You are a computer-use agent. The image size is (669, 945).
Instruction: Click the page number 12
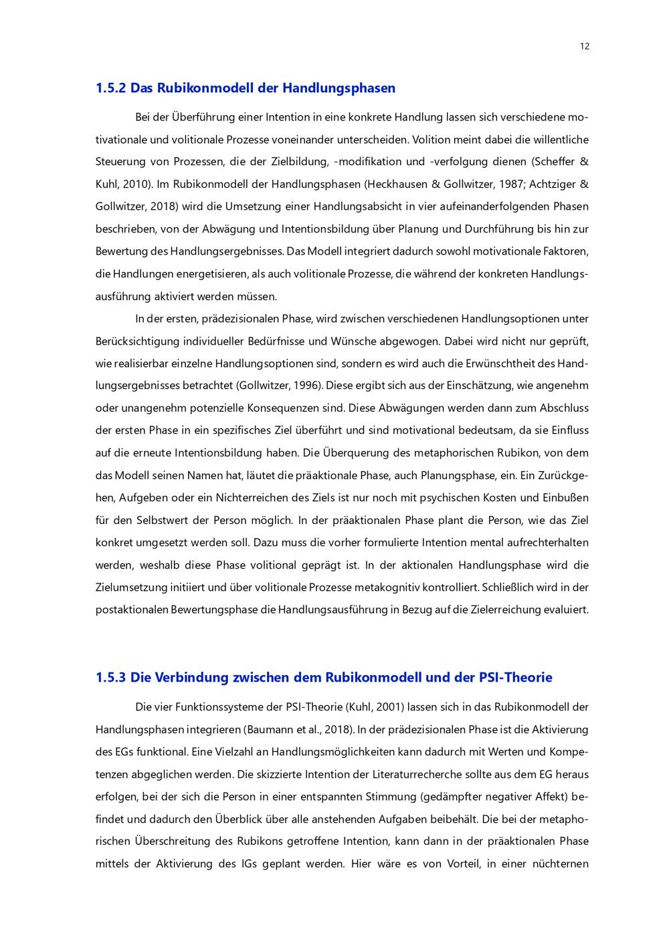[585, 46]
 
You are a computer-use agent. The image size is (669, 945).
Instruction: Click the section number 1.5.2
[110, 88]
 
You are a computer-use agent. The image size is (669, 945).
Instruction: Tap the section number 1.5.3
[110, 678]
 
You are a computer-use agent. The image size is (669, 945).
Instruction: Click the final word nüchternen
[560, 864]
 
